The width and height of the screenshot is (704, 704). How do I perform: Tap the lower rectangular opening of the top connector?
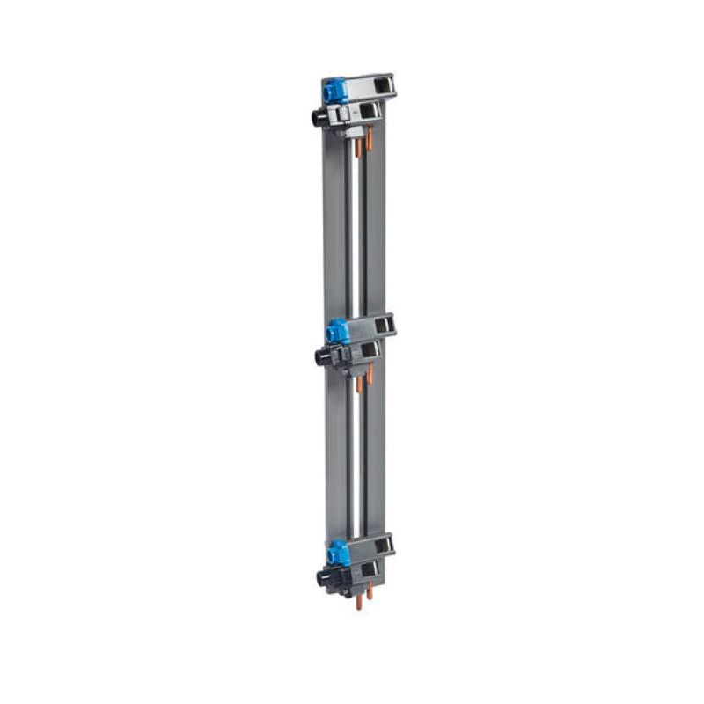click(366, 112)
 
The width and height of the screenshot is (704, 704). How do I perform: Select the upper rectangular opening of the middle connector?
click(382, 326)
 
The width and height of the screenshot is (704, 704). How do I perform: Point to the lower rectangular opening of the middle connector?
click(368, 350)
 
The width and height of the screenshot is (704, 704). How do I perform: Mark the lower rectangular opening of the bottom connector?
click(368, 569)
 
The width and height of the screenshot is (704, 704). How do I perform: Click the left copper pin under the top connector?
click(358, 147)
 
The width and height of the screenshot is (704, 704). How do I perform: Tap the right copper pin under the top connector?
click(370, 139)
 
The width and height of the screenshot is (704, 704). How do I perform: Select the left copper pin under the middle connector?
click(358, 385)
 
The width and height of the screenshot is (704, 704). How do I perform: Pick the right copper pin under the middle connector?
click(370, 375)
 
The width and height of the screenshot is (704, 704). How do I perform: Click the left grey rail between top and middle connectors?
click(335, 229)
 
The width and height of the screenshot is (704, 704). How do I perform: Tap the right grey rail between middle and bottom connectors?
click(376, 458)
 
